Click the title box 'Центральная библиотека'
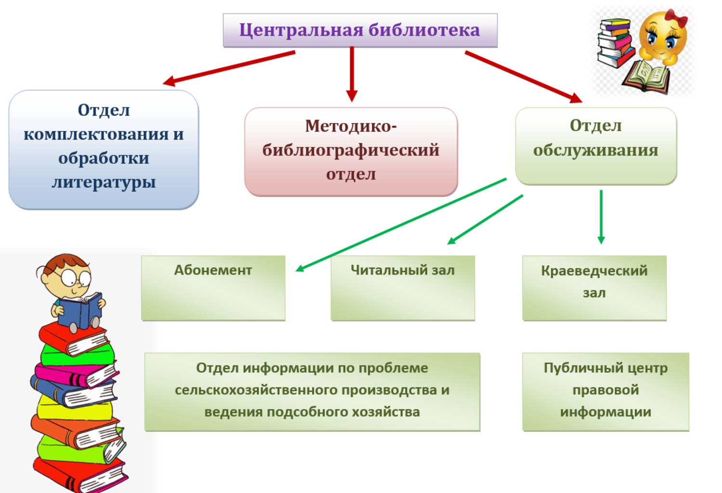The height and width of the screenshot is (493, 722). point(360,30)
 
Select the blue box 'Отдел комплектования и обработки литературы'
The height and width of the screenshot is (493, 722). point(104,150)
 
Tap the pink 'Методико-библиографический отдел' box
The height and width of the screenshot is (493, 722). point(351,152)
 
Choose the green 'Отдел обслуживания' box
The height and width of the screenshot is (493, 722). point(596,146)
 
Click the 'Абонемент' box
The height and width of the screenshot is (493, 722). point(213,288)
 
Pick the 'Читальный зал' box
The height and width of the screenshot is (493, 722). point(403,288)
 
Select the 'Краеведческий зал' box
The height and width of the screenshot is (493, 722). point(594,288)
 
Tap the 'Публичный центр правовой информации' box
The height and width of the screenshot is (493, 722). point(605,392)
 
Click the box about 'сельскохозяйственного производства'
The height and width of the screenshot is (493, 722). point(312,392)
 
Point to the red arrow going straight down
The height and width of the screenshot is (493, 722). point(352,75)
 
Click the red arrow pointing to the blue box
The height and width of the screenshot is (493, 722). point(229,68)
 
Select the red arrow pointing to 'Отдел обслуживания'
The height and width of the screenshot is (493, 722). point(524,77)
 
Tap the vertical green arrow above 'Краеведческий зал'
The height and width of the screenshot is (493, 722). point(601,217)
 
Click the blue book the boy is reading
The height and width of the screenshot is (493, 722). point(81,311)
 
